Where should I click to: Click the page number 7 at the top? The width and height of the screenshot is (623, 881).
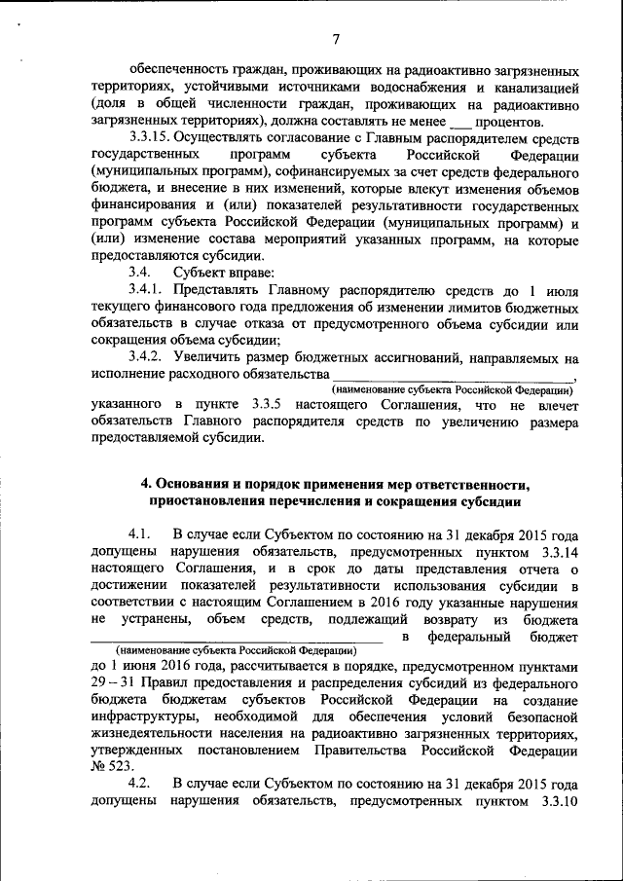[335, 39]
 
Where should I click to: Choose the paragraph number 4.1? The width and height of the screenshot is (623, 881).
[142, 535]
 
